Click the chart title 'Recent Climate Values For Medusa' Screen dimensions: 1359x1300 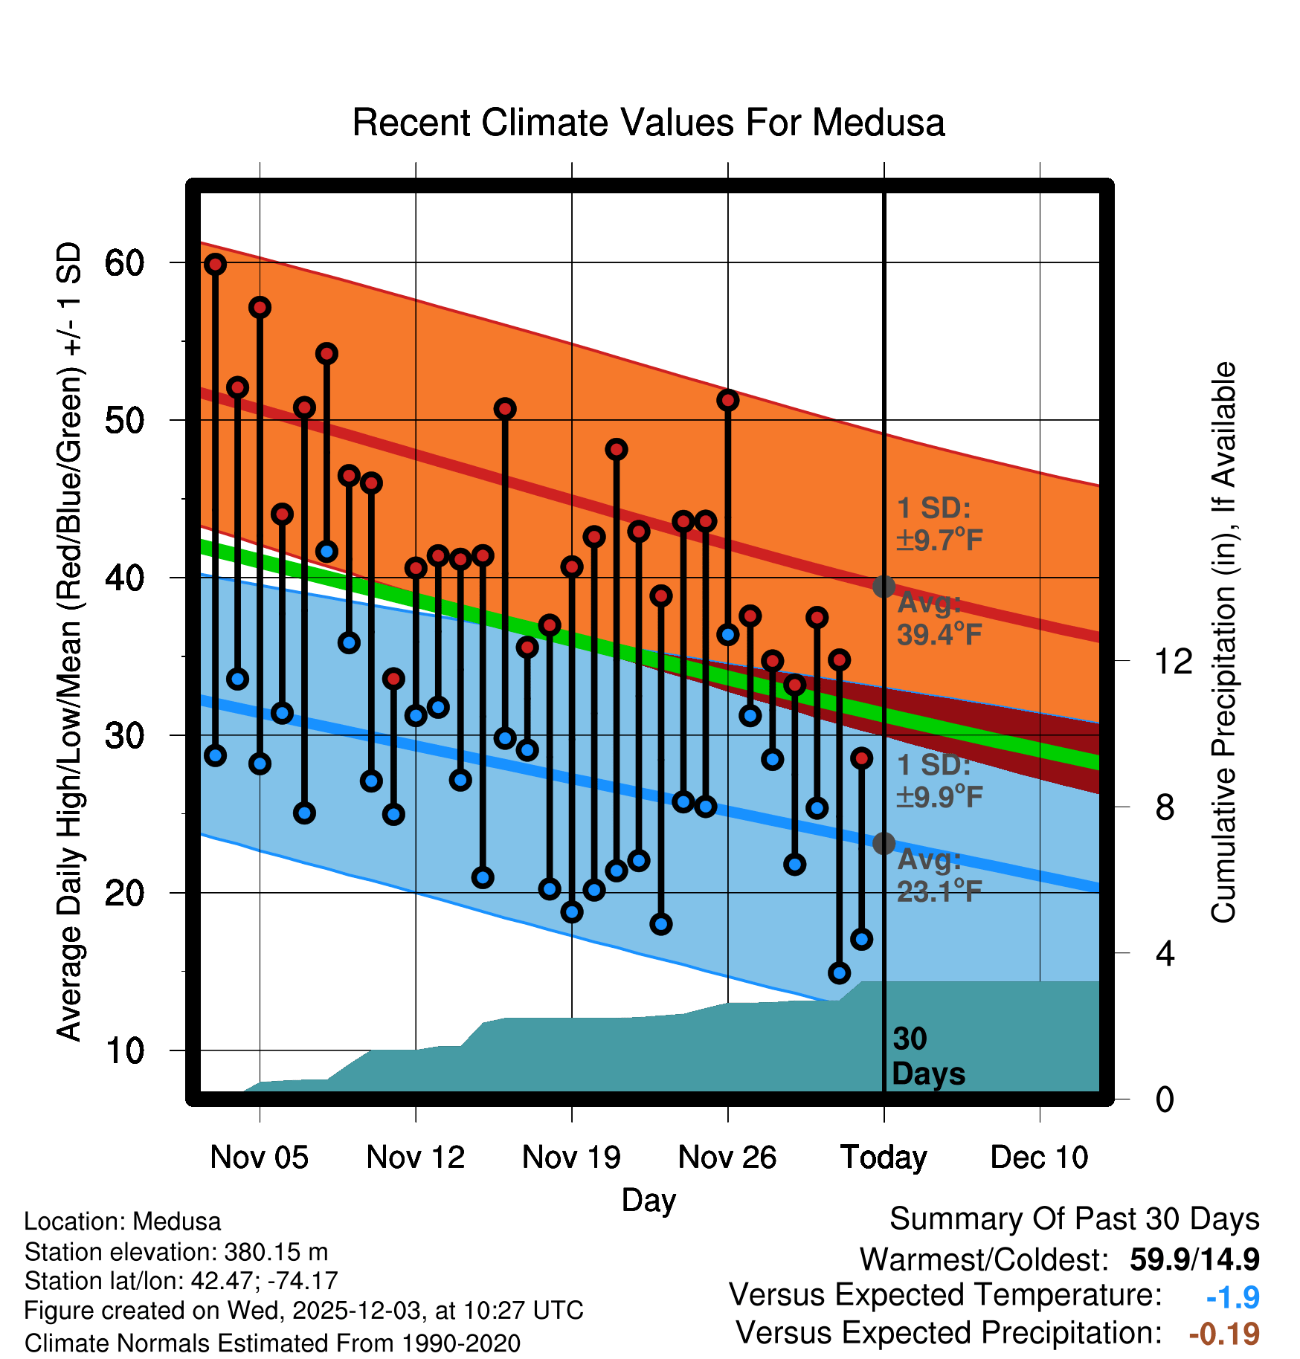(x=648, y=123)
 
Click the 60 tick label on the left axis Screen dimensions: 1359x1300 (x=124, y=262)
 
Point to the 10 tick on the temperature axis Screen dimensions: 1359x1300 (x=124, y=1050)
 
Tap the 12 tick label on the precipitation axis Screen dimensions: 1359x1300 (x=1173, y=661)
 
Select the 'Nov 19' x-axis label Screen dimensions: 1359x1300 (x=571, y=1158)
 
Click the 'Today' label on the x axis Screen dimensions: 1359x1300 (x=884, y=1158)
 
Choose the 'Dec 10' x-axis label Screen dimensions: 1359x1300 (x=1039, y=1158)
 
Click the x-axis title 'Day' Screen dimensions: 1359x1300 (x=649, y=1200)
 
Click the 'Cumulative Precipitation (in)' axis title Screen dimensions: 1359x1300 (x=1223, y=642)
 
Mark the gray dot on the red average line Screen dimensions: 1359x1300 (x=884, y=587)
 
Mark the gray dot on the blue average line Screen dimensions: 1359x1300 (x=884, y=843)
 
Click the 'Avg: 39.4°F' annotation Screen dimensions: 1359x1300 (x=939, y=619)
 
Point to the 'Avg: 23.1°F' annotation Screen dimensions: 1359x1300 (x=939, y=876)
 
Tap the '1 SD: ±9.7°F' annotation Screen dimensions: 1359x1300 (x=939, y=524)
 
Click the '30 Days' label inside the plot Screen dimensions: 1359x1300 (x=927, y=1056)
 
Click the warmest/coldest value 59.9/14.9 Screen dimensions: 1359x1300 (x=1194, y=1259)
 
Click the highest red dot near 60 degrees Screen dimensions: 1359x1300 (x=216, y=264)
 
